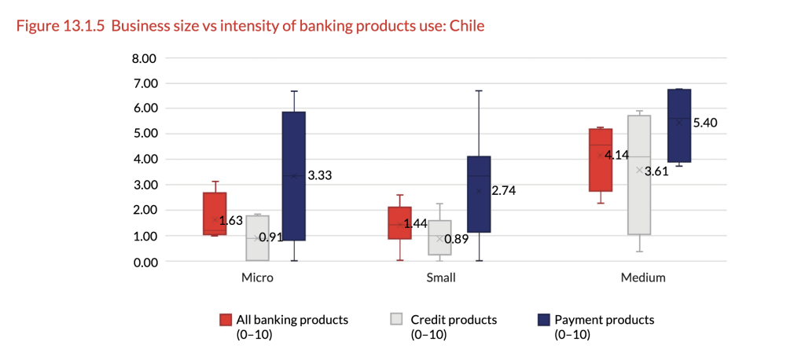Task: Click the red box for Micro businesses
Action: [215, 213]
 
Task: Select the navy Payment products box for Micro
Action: [294, 176]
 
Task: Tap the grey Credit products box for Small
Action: [439, 237]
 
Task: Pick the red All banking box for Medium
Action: [601, 160]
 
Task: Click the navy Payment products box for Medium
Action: [679, 126]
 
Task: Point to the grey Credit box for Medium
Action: [639, 174]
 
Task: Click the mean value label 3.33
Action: [319, 176]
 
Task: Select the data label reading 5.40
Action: [705, 123]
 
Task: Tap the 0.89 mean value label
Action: [457, 239]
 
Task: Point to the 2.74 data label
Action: [504, 190]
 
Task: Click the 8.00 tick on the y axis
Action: [145, 58]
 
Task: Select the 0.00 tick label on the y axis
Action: [145, 261]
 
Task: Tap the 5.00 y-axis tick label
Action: [145, 134]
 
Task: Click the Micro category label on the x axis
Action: [257, 277]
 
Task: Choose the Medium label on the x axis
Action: [642, 277]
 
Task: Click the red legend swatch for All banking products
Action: [226, 320]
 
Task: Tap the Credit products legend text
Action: [454, 320]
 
